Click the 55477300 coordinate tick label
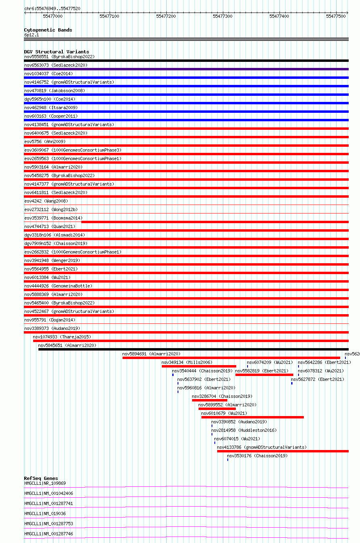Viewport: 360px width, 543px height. [222, 16]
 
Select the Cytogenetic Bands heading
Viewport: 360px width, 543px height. [48, 30]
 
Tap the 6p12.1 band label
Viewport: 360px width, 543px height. [32, 35]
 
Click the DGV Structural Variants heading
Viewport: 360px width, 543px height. [56, 52]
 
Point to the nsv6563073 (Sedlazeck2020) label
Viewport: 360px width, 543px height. [56, 65]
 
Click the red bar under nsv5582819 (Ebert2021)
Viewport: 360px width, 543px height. [264, 375]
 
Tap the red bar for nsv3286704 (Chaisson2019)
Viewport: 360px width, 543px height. [210, 400]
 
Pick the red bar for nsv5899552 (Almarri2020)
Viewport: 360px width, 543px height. [217, 409]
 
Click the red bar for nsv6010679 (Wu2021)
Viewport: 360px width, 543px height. [252, 417]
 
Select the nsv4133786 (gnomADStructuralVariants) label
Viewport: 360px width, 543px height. [262, 447]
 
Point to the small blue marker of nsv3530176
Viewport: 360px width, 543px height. [228, 460]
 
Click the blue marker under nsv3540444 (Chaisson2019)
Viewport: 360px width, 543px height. [173, 375]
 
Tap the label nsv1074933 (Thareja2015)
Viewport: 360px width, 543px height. [62, 337]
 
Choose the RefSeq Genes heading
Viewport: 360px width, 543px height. [41, 478]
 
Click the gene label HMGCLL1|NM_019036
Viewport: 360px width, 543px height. [45, 513]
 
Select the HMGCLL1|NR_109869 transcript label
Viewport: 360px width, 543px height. [45, 483]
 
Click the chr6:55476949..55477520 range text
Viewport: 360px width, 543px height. [52, 8]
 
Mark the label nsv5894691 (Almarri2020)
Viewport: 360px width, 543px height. [151, 354]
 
